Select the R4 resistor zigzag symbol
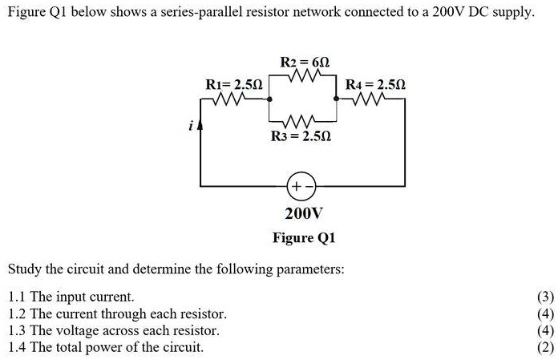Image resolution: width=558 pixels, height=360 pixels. coord(373,101)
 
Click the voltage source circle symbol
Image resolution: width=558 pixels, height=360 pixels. coord(301,186)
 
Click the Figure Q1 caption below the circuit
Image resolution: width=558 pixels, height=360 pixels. coord(304,238)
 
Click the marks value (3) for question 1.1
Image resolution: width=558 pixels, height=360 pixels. coord(546,297)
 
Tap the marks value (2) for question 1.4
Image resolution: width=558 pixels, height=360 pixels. coord(546,347)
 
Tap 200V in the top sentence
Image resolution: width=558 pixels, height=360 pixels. coord(445,15)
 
